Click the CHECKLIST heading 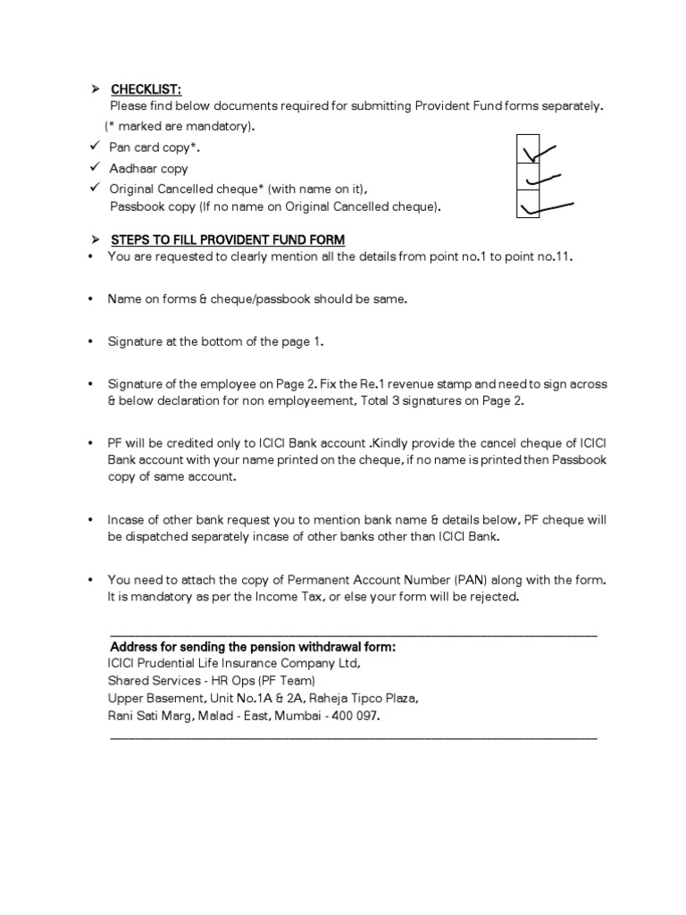pos(146,89)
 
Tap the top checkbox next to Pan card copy pos(528,150)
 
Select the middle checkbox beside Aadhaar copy pos(528,178)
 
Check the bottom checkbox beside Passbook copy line pos(528,206)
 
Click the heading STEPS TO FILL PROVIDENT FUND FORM pos(228,240)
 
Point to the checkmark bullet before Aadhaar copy pos(93,168)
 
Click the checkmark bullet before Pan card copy pos(93,147)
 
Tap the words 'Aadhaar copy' pos(148,169)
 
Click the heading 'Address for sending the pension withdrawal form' pos(253,647)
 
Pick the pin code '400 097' pos(358,717)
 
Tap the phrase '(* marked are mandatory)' pos(179,126)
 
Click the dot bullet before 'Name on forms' pos(92,299)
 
